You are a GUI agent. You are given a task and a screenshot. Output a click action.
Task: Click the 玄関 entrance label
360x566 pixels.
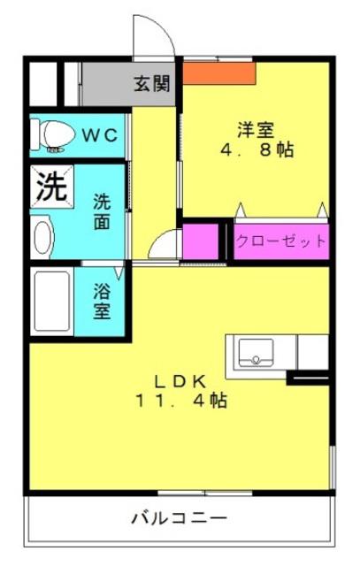point(151,84)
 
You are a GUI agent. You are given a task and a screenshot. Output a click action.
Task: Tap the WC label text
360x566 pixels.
point(100,135)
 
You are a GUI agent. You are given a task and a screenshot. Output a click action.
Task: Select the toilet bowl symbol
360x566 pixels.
point(57,134)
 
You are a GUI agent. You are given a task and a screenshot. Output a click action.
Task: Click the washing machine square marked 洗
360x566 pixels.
point(52,187)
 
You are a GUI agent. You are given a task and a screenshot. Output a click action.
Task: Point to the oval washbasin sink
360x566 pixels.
point(43,237)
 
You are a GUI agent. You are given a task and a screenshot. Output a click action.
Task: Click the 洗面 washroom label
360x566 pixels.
point(102,212)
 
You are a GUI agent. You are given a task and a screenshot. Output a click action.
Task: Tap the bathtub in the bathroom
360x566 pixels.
point(52,302)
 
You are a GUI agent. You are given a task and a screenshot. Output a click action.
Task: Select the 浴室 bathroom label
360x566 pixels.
point(102,302)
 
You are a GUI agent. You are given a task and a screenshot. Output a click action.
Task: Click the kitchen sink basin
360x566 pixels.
point(256,353)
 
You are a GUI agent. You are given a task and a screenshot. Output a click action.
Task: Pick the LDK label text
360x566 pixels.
point(180,381)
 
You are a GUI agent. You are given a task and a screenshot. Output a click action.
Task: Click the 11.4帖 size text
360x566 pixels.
point(181,401)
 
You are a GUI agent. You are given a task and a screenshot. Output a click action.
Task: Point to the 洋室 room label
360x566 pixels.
point(256,130)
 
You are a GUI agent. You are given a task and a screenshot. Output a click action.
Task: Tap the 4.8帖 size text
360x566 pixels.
point(257,149)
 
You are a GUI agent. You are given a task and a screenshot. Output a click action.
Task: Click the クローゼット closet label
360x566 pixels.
point(281,241)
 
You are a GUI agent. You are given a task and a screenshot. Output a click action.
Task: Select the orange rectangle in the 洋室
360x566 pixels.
point(219,73)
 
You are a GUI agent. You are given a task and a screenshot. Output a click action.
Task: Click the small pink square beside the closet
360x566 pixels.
point(201,241)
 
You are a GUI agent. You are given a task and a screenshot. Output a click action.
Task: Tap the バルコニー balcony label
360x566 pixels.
point(179,519)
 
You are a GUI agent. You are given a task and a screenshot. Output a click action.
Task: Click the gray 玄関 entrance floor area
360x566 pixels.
point(128,84)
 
